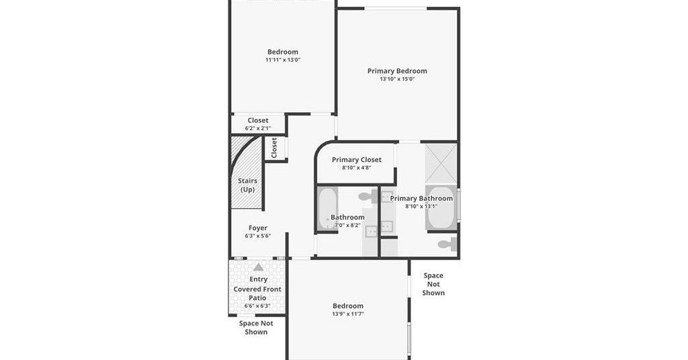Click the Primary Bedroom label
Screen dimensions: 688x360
397,71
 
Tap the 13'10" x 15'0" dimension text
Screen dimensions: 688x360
397,79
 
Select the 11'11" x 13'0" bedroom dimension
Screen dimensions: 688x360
283,60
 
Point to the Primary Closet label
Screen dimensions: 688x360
357,160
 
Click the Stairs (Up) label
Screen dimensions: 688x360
247,185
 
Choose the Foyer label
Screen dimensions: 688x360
258,228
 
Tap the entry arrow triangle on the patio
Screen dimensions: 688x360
259,267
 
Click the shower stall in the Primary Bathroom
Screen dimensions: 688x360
441,163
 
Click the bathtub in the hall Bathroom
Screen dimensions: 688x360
327,208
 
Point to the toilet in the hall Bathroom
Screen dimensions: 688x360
368,196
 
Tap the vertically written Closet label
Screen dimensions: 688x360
274,148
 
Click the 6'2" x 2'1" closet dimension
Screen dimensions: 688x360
258,128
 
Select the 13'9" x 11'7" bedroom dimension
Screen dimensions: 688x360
348,314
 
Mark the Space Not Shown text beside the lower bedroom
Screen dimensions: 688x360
433,284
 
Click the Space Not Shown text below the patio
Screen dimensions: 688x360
256,328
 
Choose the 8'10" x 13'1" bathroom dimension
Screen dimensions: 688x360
421,206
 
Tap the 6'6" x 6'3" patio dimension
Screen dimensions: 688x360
257,306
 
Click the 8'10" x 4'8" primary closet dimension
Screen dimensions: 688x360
357,167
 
